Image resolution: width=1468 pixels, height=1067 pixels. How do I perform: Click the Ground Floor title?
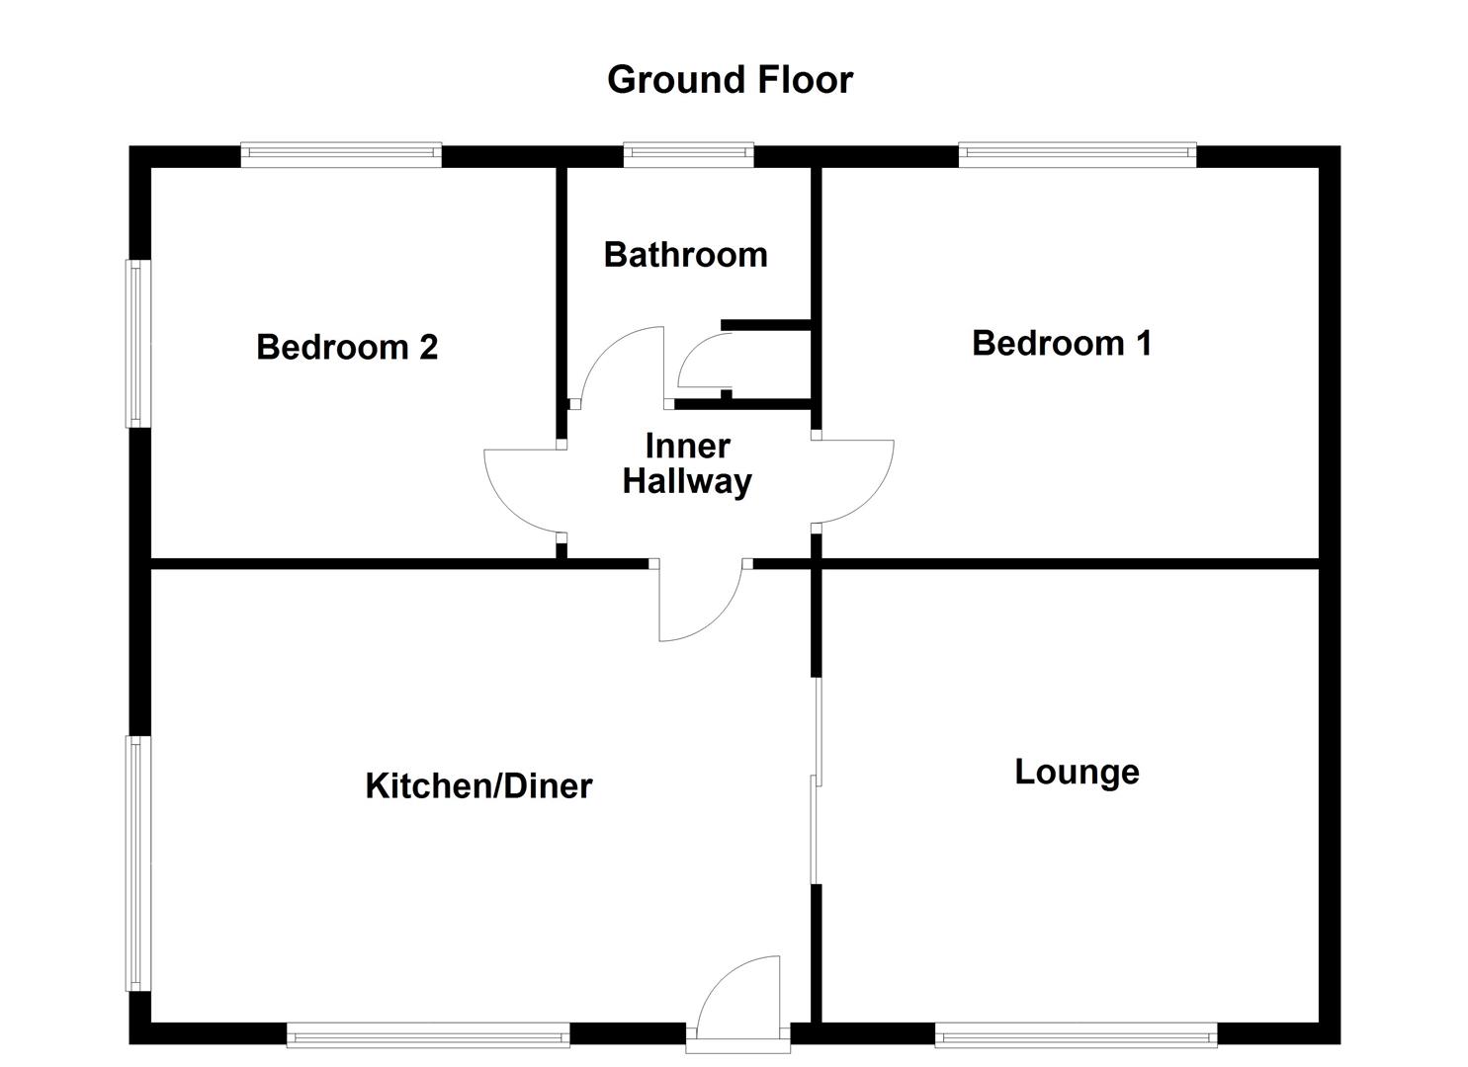[x=730, y=80]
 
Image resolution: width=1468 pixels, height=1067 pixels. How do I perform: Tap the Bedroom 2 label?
[x=346, y=347]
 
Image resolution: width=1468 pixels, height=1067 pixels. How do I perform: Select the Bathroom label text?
[x=685, y=255]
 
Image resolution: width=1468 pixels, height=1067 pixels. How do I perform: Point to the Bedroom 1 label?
[x=1061, y=343]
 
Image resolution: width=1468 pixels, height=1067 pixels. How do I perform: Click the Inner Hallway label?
[x=687, y=464]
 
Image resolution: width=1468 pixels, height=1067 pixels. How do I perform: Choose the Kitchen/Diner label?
[x=478, y=786]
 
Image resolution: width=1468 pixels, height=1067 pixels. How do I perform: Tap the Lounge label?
[x=1077, y=772]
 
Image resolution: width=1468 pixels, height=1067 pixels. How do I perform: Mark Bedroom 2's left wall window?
[x=137, y=343]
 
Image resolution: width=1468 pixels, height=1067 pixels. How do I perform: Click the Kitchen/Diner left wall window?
[x=137, y=862]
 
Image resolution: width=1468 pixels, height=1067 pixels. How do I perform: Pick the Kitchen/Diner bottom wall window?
[x=428, y=1036]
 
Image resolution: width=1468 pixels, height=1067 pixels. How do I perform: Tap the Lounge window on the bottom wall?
[x=1076, y=1036]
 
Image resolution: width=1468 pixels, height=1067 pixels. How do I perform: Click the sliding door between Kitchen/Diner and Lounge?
[x=816, y=780]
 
